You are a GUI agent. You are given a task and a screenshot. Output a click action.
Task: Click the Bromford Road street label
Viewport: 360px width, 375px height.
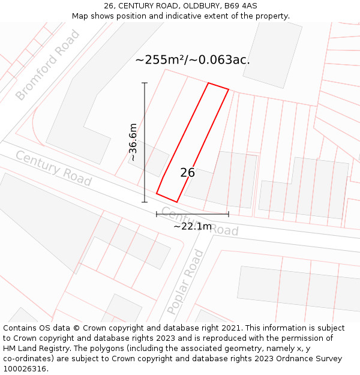tap(47, 65)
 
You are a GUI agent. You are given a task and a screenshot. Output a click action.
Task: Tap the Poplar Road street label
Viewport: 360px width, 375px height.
tap(185, 282)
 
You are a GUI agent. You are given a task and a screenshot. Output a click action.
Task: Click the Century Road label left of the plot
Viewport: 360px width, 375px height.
tap(53, 168)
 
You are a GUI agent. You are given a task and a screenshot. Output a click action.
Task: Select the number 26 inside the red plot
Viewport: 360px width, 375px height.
tap(187, 173)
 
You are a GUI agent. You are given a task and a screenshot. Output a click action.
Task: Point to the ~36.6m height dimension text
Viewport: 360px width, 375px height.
tap(133, 143)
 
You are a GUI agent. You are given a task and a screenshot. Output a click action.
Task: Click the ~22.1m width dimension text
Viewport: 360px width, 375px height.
tap(193, 226)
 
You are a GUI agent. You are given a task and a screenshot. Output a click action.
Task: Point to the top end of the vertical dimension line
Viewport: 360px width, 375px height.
tap(145, 83)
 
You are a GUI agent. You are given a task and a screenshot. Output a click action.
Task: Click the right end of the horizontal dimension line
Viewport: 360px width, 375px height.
tap(229, 214)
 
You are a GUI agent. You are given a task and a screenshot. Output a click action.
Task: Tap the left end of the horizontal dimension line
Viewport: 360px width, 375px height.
tap(157, 214)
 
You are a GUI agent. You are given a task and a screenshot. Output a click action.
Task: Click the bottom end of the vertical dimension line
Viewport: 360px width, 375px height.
tap(145, 202)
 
